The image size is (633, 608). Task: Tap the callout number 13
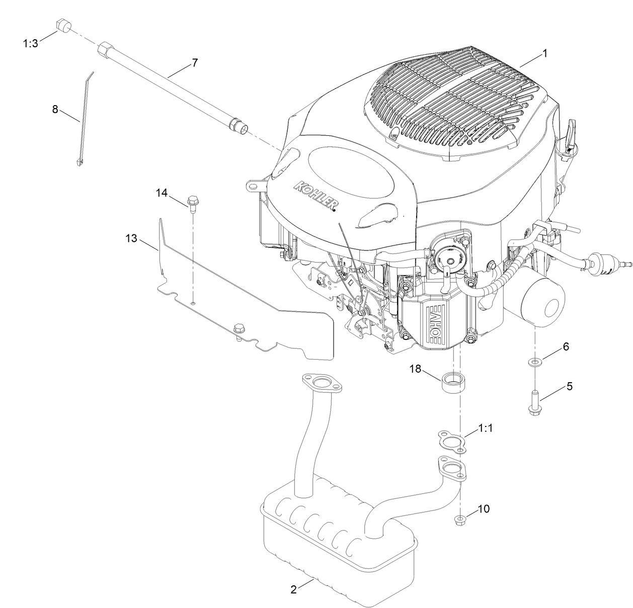pyautogui.click(x=131, y=238)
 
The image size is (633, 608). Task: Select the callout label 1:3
pyautogui.click(x=30, y=43)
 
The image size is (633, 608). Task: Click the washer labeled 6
pyautogui.click(x=534, y=362)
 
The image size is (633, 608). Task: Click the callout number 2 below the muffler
pyautogui.click(x=293, y=590)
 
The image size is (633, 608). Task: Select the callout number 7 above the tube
pyautogui.click(x=194, y=63)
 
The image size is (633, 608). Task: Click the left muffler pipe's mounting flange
pyautogui.click(x=320, y=383)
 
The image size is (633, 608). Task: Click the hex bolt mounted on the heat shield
pyautogui.click(x=238, y=330)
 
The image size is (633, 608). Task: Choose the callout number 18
pyautogui.click(x=415, y=370)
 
